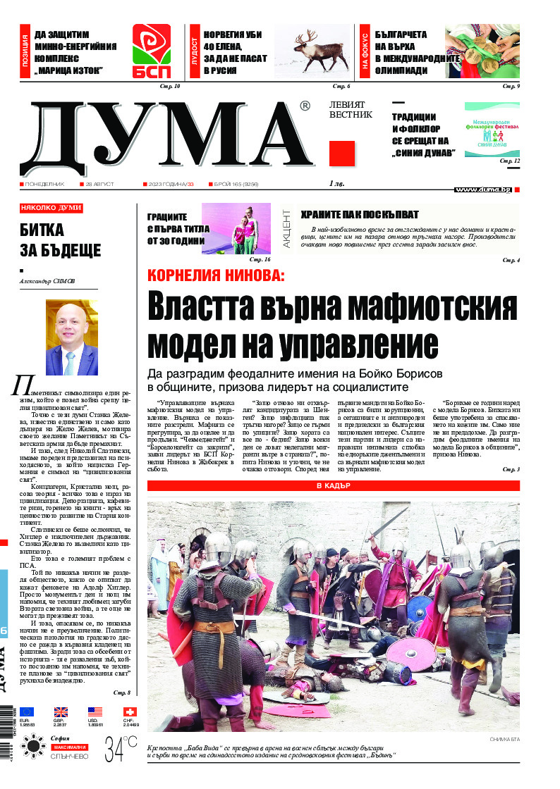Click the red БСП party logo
click(151, 51)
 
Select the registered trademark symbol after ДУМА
click(304, 106)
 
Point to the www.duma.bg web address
click(482, 190)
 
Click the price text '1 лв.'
click(338, 184)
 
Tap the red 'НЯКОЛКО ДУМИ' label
click(51, 209)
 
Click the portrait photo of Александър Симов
click(71, 338)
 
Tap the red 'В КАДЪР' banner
click(333, 486)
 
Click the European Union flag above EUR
click(27, 712)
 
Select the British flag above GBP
click(61, 712)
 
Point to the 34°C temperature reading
click(121, 749)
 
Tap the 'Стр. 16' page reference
click(250, 259)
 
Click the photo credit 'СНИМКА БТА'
click(502, 739)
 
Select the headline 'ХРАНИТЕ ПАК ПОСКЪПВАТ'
click(360, 214)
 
